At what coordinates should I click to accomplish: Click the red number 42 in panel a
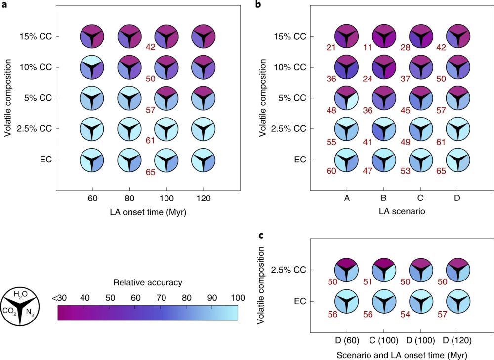[x=150, y=47]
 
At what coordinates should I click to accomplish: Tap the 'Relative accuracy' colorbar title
[x=147, y=283]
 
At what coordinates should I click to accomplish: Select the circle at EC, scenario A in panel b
[x=346, y=160]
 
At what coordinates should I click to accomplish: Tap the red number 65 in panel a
[x=150, y=172]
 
